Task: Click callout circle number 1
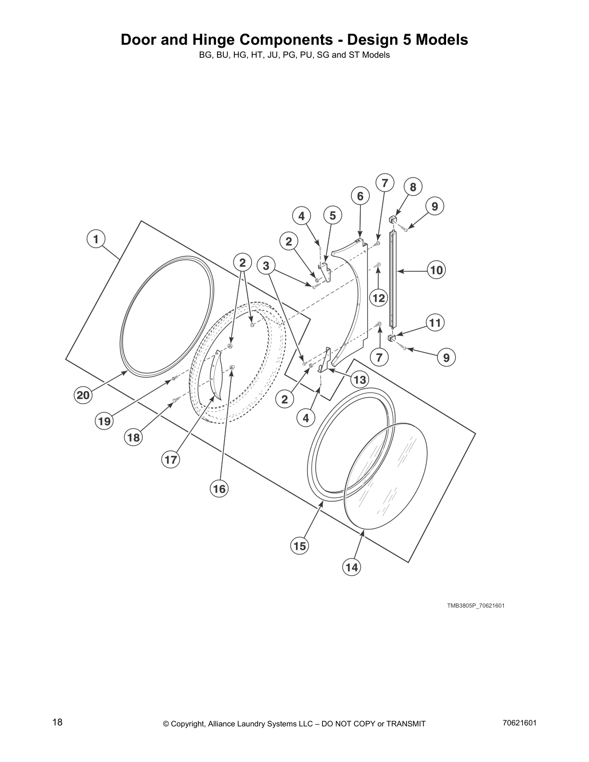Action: [x=96, y=239]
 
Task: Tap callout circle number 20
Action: [x=83, y=395]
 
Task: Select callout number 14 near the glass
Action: [x=352, y=567]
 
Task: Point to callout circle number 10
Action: [x=436, y=270]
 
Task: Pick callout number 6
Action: [x=360, y=196]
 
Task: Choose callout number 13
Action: [x=360, y=380]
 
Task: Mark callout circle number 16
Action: [x=219, y=489]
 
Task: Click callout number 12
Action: [x=379, y=298]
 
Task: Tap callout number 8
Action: [x=413, y=187]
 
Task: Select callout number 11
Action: [x=435, y=323]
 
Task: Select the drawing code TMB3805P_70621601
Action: [x=475, y=605]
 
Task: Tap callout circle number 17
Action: [x=171, y=460]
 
